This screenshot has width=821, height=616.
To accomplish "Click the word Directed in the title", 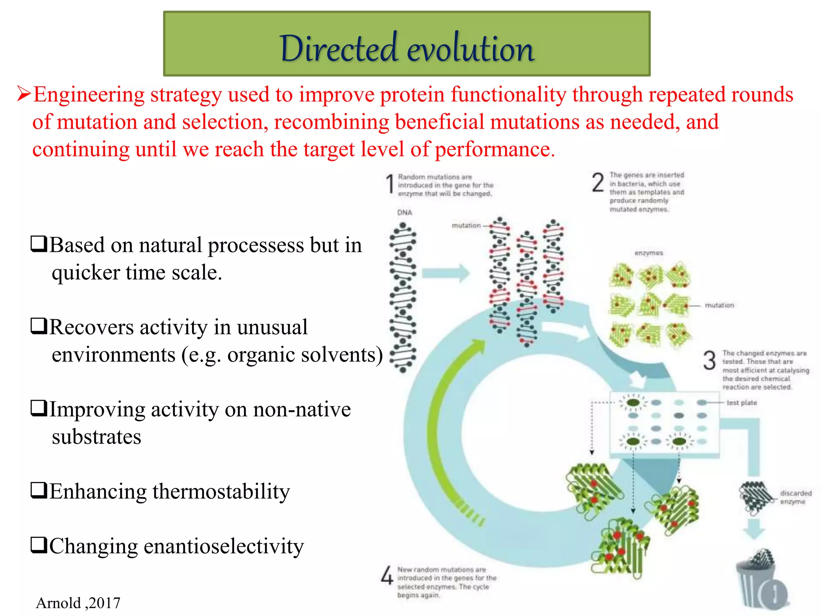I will [x=339, y=49].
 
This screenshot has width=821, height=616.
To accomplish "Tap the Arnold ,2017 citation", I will [x=78, y=603].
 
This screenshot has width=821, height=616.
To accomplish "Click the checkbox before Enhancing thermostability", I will [x=39, y=490].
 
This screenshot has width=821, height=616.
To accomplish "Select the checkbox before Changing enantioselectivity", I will [x=39, y=545].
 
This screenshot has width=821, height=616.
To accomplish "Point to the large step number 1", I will [x=390, y=184].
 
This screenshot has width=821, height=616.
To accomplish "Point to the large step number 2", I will [x=598, y=182].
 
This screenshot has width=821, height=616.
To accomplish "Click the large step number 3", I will [x=709, y=360].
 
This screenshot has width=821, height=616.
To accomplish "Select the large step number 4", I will [x=387, y=575].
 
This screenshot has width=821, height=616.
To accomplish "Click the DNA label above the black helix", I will [x=404, y=213].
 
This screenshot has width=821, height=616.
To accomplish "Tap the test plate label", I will [x=742, y=403].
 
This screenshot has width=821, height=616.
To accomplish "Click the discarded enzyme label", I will [x=795, y=497].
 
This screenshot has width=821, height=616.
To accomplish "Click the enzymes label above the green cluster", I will [x=649, y=253].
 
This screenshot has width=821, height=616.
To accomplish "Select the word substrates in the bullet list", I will [x=96, y=437].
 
